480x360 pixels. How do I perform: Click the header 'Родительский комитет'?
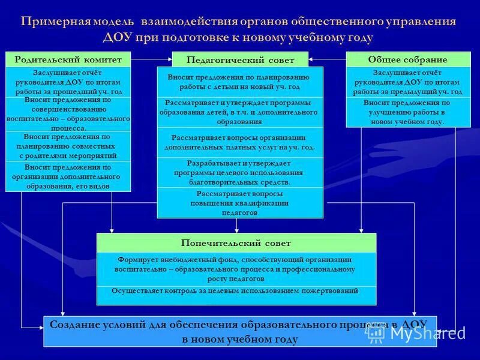68,59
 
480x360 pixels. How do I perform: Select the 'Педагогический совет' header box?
240,59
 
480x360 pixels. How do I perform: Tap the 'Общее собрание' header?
407,59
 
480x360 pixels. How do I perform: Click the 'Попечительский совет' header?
236,243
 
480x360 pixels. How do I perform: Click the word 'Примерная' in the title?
55,22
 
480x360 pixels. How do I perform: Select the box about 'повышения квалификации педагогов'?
239,203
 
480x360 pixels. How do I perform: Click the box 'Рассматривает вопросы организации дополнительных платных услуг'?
239,142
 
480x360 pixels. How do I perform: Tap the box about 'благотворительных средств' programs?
239,173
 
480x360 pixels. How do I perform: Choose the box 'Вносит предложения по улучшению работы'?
407,112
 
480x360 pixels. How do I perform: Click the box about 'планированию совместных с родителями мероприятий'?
68,146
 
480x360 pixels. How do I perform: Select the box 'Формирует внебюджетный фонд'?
236,269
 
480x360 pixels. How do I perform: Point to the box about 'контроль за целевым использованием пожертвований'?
236,292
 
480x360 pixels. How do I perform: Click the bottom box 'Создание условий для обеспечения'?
239,331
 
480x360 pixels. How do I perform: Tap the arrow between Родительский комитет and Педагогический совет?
151,59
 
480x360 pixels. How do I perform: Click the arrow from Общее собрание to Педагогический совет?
328,59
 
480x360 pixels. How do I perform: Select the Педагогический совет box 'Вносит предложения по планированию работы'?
239,82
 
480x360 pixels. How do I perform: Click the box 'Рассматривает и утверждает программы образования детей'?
239,112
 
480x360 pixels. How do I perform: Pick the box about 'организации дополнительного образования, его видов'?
68,177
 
